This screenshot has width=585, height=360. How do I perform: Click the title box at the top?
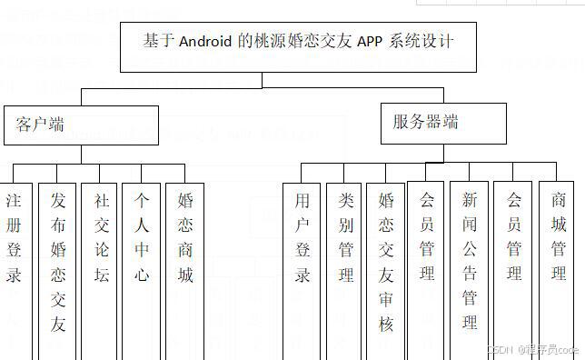click(x=299, y=46)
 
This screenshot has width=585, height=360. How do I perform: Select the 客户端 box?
click(x=81, y=125)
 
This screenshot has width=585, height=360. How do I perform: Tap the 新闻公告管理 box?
click(x=470, y=264)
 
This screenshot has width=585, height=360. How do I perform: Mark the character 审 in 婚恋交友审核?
click(x=386, y=299)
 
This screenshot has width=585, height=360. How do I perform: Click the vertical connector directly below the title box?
click(x=263, y=80)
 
